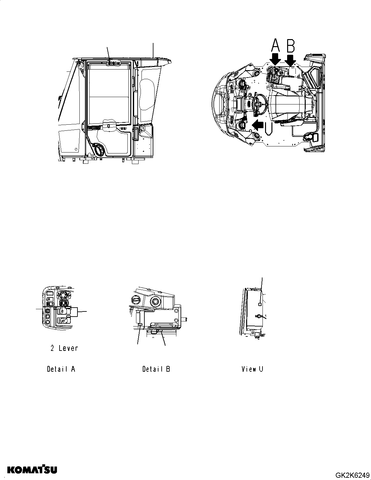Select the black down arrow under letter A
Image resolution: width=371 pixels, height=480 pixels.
click(x=275, y=60)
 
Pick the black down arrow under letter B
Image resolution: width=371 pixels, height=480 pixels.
click(x=290, y=60)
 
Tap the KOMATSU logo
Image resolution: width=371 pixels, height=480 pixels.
click(x=32, y=470)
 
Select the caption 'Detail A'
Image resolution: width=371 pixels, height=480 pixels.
click(x=61, y=369)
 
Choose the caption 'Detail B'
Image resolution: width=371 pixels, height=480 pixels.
click(x=156, y=369)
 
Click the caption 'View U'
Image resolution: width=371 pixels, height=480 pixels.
click(x=252, y=369)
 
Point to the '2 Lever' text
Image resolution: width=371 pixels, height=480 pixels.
click(x=64, y=348)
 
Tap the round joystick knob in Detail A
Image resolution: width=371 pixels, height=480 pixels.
click(x=63, y=294)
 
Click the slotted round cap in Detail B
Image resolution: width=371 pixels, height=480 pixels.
click(x=135, y=300)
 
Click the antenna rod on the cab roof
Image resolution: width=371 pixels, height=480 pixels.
click(x=153, y=50)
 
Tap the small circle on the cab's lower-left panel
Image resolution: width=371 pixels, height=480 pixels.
click(x=76, y=149)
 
